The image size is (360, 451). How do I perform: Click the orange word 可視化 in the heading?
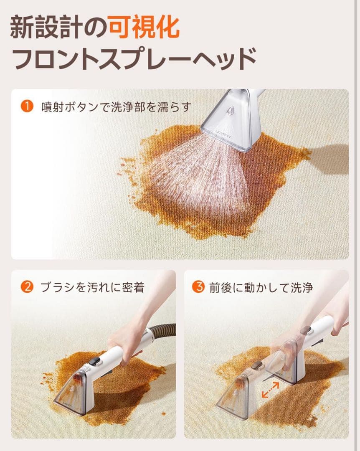pos(145,28)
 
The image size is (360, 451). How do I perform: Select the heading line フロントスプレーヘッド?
pos(134,59)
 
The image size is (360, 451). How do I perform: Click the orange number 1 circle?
pos(27,106)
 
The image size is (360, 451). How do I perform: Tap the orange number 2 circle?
pos(27,287)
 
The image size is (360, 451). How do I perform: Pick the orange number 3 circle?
pos(198,287)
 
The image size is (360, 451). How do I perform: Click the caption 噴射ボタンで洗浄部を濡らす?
pos(116,107)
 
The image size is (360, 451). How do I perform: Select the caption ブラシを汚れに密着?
pos(92,287)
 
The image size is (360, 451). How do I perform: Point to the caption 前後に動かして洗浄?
pos(261,287)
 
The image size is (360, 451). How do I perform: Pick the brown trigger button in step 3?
pos(256,365)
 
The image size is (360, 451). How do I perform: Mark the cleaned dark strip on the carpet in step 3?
pos(291,400)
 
